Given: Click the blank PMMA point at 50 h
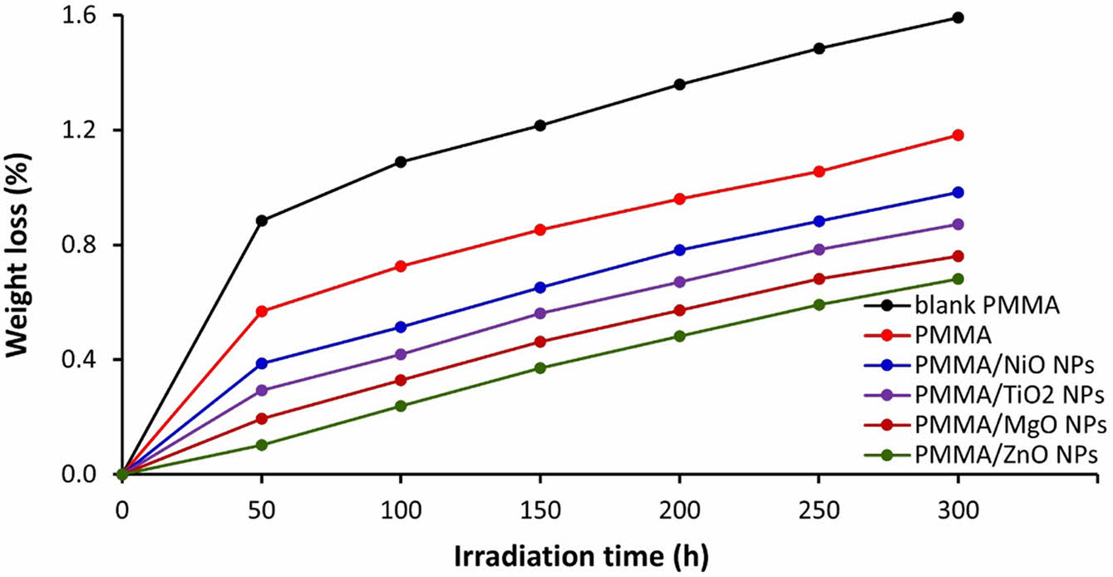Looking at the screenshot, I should point(262,220).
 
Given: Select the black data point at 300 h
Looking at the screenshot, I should point(958,17).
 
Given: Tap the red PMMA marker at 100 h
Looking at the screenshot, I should point(401,266).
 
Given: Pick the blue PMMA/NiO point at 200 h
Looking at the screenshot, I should point(679,250).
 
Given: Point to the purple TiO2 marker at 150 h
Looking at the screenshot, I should point(540,313).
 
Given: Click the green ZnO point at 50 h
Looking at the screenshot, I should point(262,445).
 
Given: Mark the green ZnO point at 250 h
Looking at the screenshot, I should point(819,304).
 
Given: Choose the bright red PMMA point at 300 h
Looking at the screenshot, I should point(958,135).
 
